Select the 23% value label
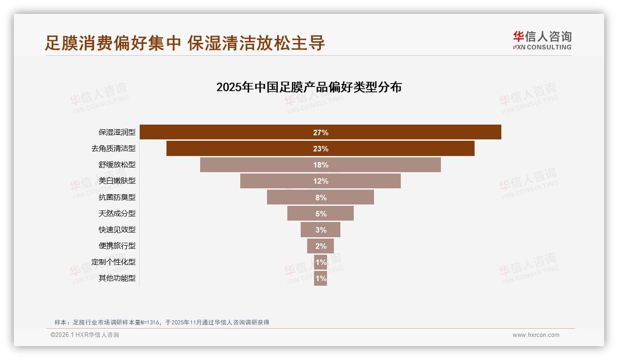[321, 149]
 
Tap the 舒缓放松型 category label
[117, 165]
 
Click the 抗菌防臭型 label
[117, 197]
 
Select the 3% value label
[321, 230]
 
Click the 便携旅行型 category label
[117, 246]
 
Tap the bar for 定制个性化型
[321, 262]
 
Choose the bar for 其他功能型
[321, 278]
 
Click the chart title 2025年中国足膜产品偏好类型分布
[309, 87]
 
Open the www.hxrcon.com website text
[536, 335]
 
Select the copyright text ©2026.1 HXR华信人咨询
[85, 335]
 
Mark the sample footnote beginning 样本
[161, 322]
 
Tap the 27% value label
[321, 132]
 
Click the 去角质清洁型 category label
[113, 149]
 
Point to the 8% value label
[321, 198]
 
